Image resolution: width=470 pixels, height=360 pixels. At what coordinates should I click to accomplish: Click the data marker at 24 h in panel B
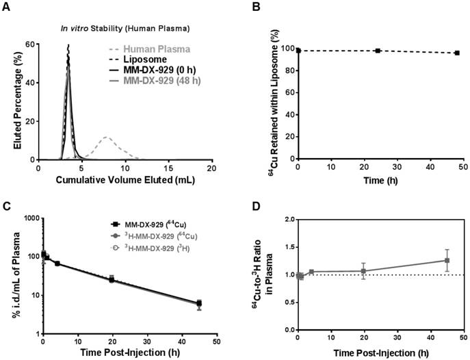tap(378, 51)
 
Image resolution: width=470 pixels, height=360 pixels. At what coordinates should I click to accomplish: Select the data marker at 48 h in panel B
tap(456, 53)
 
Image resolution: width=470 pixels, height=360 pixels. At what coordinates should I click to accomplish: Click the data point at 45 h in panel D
tap(447, 260)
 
